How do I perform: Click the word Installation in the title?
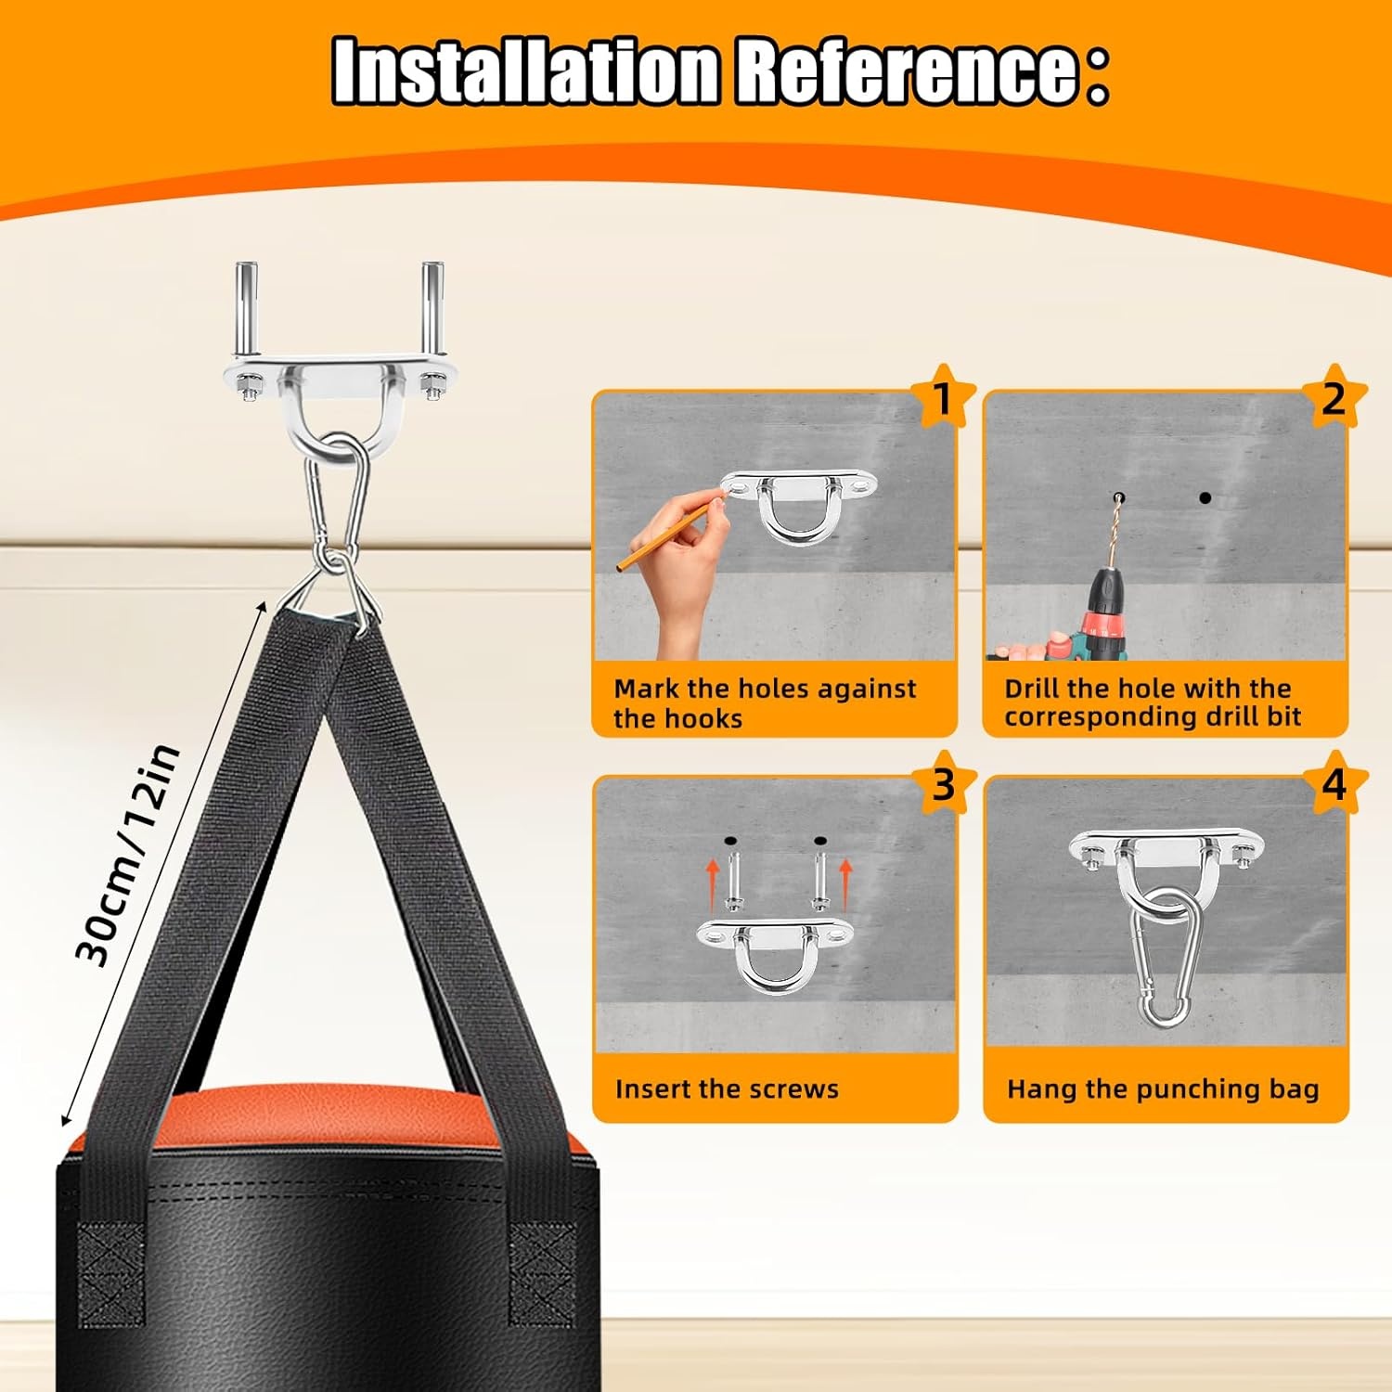(525, 71)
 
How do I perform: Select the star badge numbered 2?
(1334, 398)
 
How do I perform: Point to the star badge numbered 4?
(1334, 784)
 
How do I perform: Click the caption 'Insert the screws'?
(727, 1089)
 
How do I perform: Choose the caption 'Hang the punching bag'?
(1163, 1089)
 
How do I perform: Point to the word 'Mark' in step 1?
(647, 689)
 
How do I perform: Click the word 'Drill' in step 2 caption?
(1031, 689)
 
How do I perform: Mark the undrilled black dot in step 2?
(1205, 498)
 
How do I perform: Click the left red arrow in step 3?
(712, 882)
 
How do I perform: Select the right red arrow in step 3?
(844, 882)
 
